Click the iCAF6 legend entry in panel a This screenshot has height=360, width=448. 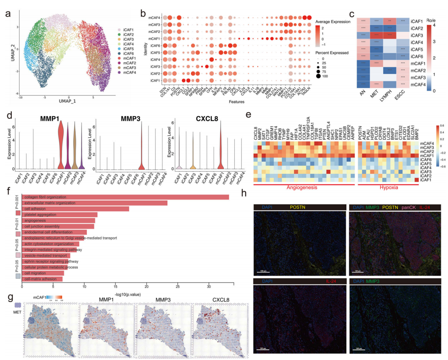coord(128,54)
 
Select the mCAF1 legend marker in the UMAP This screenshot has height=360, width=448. coord(120,58)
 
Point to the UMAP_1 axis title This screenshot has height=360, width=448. coord(67,101)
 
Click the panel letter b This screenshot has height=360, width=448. coord(143,13)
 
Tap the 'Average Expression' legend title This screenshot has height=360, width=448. coord(333,22)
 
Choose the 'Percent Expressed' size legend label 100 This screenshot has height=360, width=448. coord(325,76)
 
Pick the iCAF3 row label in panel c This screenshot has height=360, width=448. coord(417,35)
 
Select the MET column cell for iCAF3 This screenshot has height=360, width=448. coord(377,35)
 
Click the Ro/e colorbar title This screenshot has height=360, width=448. coord(431,21)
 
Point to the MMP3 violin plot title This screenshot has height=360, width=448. coord(131,119)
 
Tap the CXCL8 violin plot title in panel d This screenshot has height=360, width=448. coord(207,119)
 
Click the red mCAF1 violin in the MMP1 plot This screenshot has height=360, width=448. coord(61,145)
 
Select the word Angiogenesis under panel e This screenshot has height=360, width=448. coord(302,187)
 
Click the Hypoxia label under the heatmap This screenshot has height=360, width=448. coord(389,187)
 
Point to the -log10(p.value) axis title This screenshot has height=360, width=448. coord(128,294)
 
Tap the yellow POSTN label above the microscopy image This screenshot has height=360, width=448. coord(297,207)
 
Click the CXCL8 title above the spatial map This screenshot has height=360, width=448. coord(220,300)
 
